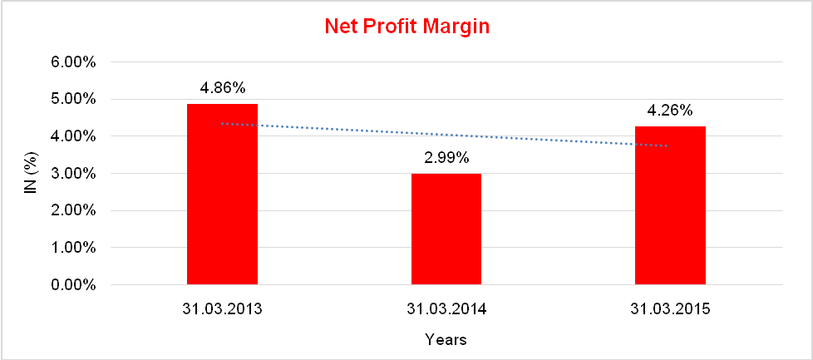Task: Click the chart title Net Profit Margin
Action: click(x=406, y=27)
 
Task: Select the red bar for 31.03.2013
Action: click(x=222, y=195)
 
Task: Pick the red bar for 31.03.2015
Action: click(x=670, y=205)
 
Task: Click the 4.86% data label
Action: click(x=222, y=87)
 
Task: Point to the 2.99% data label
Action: click(x=446, y=157)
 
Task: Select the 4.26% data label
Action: click(x=670, y=110)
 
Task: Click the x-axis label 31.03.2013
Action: click(x=222, y=309)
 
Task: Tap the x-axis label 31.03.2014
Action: click(x=446, y=309)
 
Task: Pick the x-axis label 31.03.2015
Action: click(x=670, y=309)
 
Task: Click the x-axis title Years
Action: click(x=446, y=339)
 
